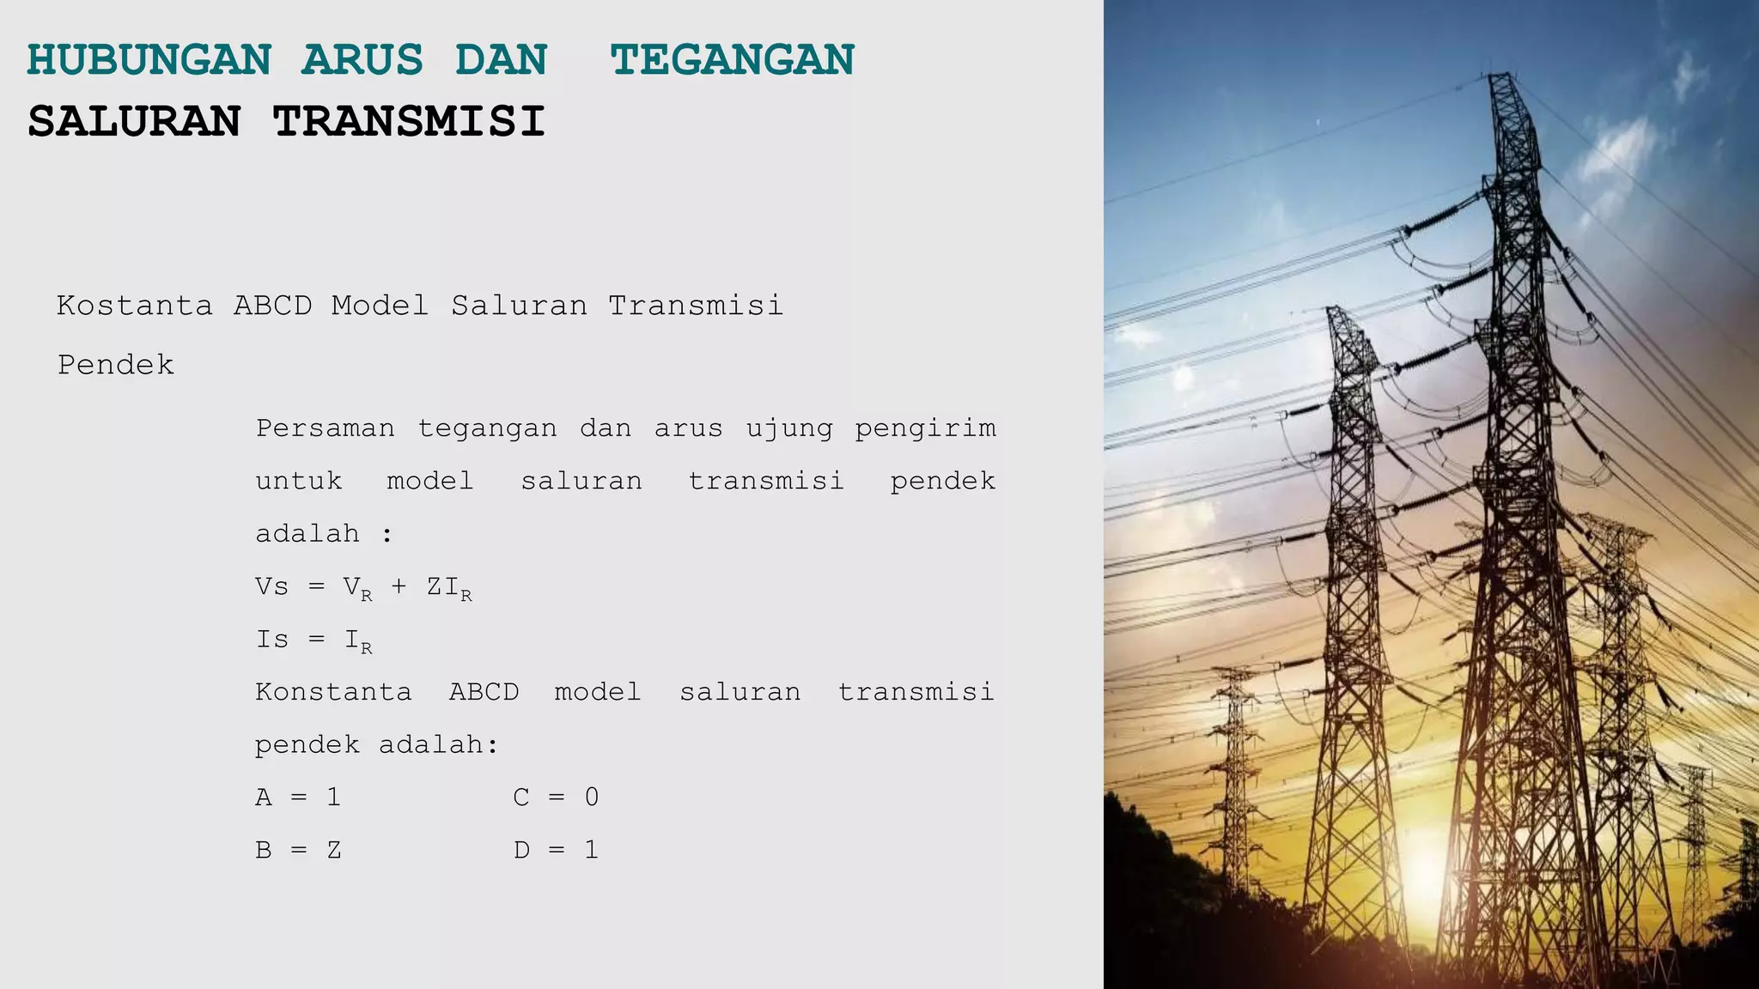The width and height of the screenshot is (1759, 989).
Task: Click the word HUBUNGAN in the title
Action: pos(149,60)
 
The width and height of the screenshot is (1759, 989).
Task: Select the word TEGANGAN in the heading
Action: pos(733,60)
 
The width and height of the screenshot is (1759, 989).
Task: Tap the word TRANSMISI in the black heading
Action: pos(409,121)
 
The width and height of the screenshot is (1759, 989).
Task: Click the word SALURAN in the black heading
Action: pos(135,121)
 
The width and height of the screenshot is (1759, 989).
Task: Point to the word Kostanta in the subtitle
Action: pos(135,306)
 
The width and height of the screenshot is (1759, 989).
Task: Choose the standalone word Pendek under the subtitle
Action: pos(116,365)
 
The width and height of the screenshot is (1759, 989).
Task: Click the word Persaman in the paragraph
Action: pos(326,428)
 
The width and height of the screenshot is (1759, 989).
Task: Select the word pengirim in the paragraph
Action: pos(925,428)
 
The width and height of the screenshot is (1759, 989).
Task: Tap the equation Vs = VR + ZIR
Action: pos(363,588)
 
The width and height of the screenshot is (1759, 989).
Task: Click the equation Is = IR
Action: pos(313,640)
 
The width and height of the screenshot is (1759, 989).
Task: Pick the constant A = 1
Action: pos(298,798)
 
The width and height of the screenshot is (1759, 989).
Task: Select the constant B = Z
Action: pos(298,851)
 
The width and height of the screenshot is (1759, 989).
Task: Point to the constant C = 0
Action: pos(556,798)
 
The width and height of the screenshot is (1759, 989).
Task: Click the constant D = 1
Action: pos(556,851)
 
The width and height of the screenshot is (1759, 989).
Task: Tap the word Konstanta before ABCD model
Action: pos(333,692)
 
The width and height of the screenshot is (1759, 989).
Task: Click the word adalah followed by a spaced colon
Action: pos(307,534)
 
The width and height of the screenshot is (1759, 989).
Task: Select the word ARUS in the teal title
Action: pos(362,60)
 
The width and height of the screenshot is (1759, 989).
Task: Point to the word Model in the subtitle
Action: pos(380,306)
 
